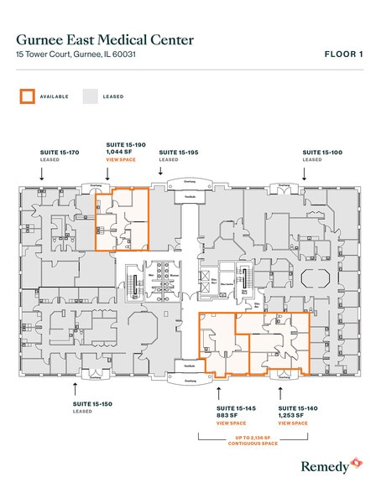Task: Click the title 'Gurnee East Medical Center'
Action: tap(105, 39)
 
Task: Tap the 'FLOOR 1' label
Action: tap(344, 54)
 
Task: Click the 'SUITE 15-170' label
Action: tap(60, 153)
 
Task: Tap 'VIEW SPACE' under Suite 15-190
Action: tap(119, 159)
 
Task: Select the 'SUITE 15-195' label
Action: tap(179, 153)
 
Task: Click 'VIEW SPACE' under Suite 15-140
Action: tap(293, 423)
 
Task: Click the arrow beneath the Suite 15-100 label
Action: tap(305, 174)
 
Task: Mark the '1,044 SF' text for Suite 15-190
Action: tap(118, 153)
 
